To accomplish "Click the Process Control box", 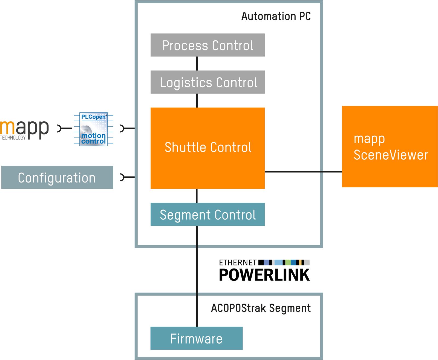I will coord(208,45).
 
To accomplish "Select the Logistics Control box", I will coord(208,82).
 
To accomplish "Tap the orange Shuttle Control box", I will coord(208,148).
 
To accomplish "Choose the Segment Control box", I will coord(208,215).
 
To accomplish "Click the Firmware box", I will coord(196,338).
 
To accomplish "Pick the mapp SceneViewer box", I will coord(390,147).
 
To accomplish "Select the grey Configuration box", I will coord(57,178).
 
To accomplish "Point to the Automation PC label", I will coord(276,16).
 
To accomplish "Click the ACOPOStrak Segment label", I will coord(261,308).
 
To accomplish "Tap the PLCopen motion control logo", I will coord(93,129).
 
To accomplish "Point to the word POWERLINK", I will coord(264,275).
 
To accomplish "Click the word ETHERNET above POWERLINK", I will coord(238,262).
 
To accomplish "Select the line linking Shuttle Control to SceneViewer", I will coord(303,172).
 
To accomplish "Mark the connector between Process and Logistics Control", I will coord(197,64).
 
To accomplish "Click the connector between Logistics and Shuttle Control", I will coord(197,101).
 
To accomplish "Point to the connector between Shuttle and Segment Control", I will coord(197,196).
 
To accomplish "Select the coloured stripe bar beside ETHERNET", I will coord(284,262).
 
